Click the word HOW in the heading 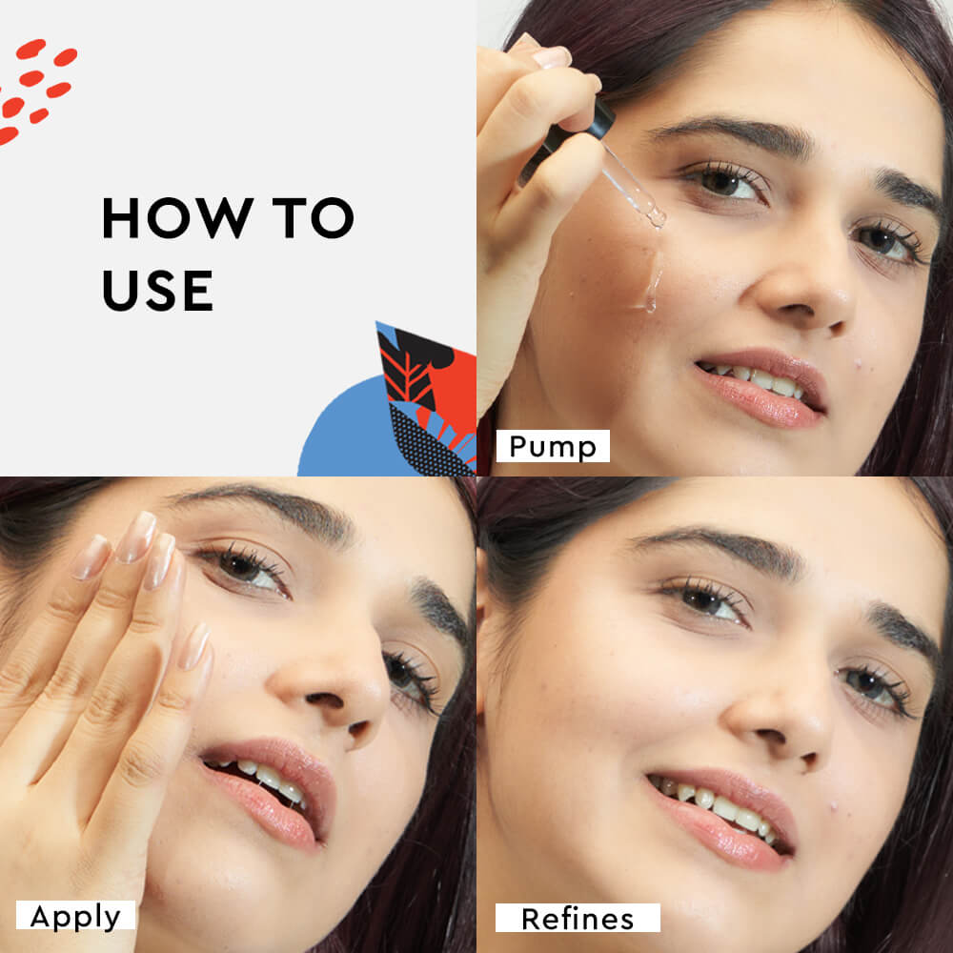[177, 217]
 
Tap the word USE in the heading [157, 291]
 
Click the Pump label [553, 446]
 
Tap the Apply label [75, 916]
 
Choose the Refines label [578, 918]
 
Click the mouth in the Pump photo [760, 386]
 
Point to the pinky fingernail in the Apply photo [195, 646]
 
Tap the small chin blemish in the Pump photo [859, 364]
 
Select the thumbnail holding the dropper [551, 57]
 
